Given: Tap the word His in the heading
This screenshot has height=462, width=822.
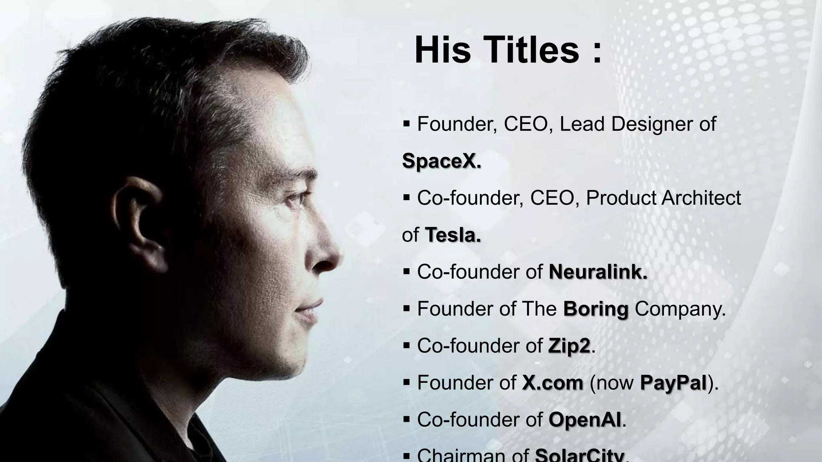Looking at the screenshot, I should coord(442,50).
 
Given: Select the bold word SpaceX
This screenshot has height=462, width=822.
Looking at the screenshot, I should coord(442,161).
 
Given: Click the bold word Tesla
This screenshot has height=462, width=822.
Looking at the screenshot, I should coord(453,235).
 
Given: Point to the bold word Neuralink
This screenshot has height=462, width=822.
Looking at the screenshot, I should coord(598,272).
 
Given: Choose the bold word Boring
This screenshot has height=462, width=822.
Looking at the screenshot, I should coord(596,309).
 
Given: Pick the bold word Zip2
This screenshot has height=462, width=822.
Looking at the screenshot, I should coord(569,346).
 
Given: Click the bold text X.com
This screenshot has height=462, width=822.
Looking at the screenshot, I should coord(553,383).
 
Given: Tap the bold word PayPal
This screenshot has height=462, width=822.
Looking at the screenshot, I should coord(673,383).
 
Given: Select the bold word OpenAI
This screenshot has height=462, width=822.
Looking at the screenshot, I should coord(585,419).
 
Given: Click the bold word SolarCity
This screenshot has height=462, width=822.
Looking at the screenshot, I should coord(580,456).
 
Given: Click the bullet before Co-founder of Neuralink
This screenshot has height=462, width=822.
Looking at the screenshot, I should coord(406,272).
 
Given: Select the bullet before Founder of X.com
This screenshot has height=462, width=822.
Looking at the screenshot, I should coord(406,383).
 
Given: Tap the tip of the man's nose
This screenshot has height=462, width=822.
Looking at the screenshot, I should coord(339,257).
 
